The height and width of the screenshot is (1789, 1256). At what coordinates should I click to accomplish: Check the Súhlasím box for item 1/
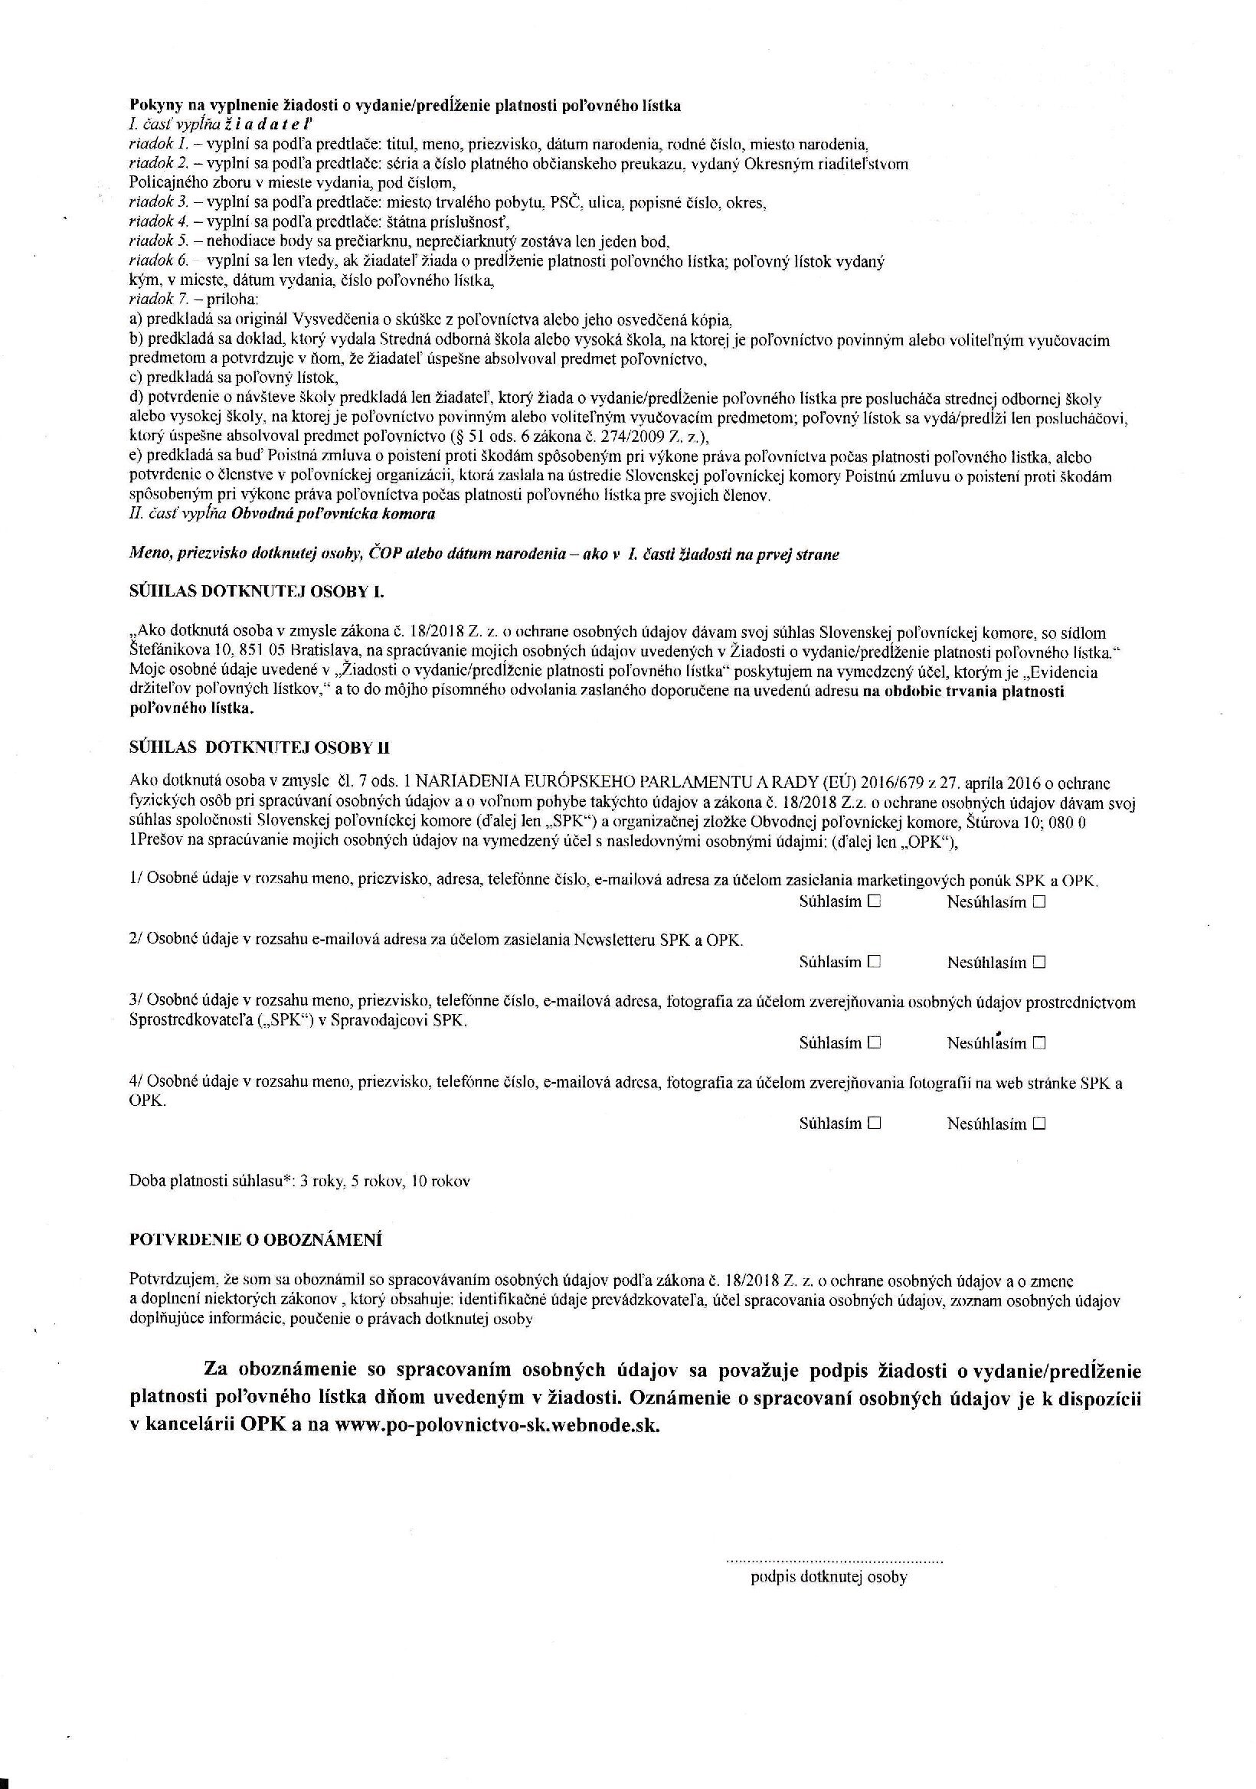pos(873,901)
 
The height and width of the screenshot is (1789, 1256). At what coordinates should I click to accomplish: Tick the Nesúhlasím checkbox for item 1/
pos(1038,901)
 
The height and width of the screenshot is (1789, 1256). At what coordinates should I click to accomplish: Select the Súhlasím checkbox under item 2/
pos(873,961)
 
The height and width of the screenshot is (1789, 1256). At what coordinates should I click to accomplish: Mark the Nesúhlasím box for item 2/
pos(1038,961)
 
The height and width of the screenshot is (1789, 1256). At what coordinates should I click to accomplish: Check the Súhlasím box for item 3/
pos(873,1042)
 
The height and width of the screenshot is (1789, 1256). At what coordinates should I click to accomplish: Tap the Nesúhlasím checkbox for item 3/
pos(1038,1042)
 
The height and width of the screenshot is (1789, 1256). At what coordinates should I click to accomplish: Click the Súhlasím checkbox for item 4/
pos(873,1123)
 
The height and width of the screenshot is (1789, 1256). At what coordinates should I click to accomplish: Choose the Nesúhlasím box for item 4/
pos(1038,1123)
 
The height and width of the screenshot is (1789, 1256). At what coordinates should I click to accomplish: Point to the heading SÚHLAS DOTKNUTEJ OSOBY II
pos(260,748)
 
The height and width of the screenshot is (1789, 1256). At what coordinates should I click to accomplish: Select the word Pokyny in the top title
pos(152,105)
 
